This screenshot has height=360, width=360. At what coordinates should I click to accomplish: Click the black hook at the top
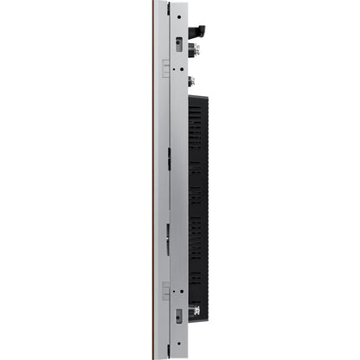coord(198,31)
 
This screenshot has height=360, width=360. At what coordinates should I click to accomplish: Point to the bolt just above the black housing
coord(190,82)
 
